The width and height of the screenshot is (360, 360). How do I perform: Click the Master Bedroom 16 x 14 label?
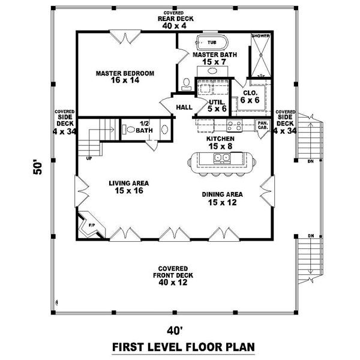[125, 77]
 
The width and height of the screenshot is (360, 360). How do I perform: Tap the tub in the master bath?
[211, 43]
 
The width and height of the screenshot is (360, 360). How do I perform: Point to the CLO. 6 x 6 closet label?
[250, 97]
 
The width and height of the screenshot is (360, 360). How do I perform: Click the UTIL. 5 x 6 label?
[218, 106]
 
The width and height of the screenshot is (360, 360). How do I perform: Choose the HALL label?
[184, 107]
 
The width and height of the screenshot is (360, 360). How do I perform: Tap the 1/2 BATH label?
[144, 127]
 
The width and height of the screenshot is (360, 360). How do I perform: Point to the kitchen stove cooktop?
[234, 125]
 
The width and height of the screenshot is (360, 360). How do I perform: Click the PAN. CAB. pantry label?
[263, 125]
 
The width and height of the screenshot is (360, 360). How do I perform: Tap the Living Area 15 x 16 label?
[128, 187]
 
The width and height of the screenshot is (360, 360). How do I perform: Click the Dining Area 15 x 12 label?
[222, 198]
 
